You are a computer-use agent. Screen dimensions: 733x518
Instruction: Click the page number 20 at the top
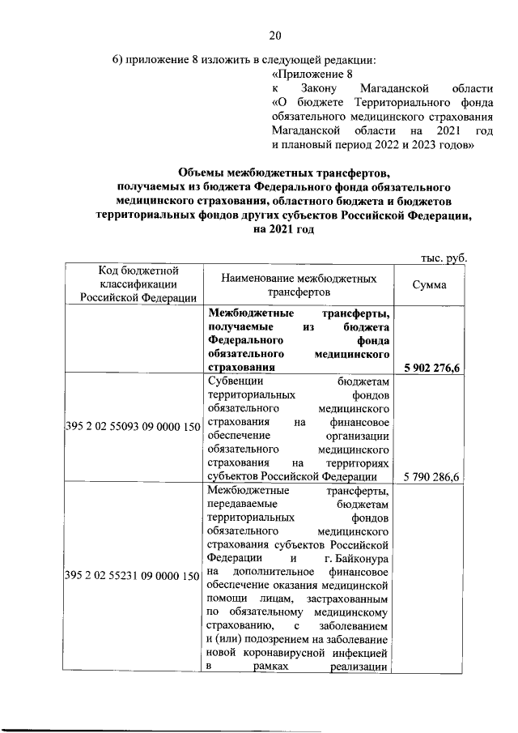pos(275,35)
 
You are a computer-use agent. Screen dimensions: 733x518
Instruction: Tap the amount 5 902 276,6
pos(431,369)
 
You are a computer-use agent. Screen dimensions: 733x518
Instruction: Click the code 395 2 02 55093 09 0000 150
pos(132,427)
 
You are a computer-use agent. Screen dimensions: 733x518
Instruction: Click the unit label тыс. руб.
pos(444,258)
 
